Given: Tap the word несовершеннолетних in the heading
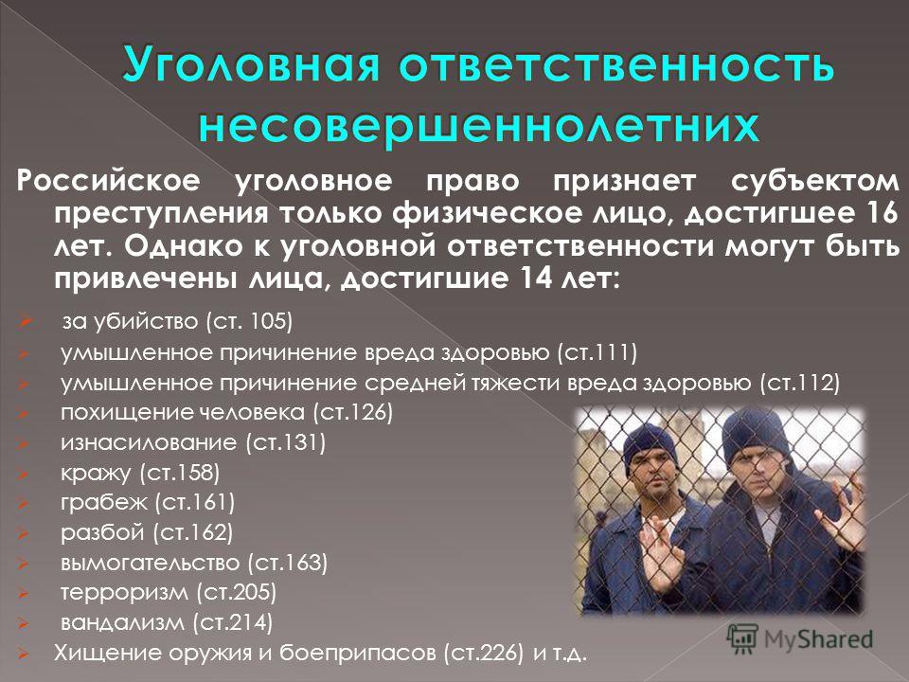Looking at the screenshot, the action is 479,126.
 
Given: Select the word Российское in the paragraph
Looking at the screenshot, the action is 108,180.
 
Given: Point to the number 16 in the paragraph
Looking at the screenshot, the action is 882,212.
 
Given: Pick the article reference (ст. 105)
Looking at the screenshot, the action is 249,321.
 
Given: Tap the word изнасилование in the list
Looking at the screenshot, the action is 149,442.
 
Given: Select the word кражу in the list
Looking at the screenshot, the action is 96,474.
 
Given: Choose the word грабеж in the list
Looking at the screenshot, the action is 104,502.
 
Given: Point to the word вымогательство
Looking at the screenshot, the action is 150,563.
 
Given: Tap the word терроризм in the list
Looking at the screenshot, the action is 124,593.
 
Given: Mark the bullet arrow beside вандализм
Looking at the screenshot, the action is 23,623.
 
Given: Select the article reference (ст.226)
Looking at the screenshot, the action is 484,653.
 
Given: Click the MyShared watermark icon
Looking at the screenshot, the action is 742,639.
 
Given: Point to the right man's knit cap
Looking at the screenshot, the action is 756,436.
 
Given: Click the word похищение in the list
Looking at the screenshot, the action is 126,413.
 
